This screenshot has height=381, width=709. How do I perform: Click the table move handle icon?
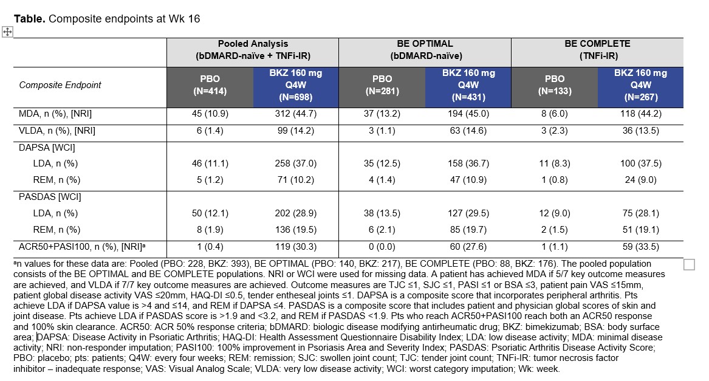(x=7, y=32)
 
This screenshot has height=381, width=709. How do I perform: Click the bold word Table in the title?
(x=29, y=18)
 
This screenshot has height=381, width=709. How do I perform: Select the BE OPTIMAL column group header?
(x=424, y=49)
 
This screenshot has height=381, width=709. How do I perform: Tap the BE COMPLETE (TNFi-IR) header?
(x=597, y=49)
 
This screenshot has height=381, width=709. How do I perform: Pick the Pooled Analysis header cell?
(x=253, y=49)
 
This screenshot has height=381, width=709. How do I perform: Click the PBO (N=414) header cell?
(x=210, y=84)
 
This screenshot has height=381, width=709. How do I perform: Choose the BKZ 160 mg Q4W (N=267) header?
(x=640, y=84)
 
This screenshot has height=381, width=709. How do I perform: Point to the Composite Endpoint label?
(x=60, y=85)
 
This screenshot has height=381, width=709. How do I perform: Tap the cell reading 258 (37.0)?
(x=295, y=164)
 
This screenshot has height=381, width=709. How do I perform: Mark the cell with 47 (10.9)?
(x=468, y=180)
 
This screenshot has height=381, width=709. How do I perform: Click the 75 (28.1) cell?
(x=640, y=213)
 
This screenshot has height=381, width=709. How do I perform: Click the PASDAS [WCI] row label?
(x=50, y=197)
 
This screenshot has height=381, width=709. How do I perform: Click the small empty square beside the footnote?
(x=690, y=264)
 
